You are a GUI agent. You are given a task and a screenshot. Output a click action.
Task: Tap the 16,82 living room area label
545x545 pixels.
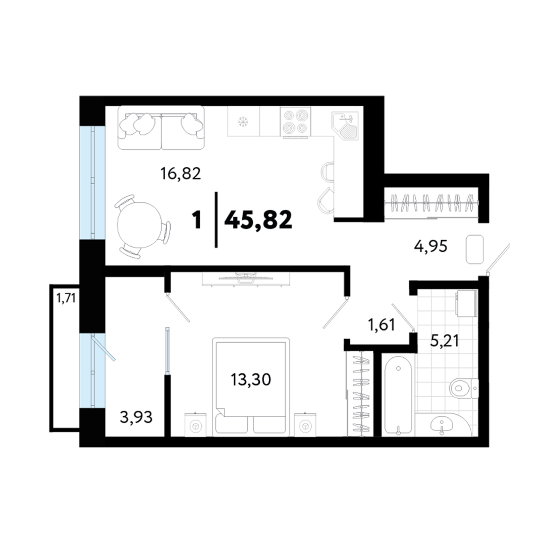tap(181, 173)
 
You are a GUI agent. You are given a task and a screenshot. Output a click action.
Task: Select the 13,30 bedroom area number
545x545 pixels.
tap(251, 379)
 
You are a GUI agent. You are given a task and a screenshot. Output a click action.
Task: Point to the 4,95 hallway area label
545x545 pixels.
tap(430, 246)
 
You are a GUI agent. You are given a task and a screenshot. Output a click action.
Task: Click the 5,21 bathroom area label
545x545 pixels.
tap(445, 341)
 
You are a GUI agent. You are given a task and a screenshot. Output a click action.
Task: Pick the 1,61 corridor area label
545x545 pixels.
tap(381, 324)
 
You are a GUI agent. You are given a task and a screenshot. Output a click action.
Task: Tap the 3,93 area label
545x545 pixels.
tap(136, 417)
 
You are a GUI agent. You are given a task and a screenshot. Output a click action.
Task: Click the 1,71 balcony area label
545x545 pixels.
tap(66, 298)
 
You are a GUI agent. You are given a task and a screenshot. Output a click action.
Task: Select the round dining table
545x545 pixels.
tap(140, 225)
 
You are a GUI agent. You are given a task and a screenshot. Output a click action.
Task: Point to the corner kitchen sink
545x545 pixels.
tap(345, 126)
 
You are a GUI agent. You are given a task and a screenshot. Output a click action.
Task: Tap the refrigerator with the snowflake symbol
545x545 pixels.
tap(244, 121)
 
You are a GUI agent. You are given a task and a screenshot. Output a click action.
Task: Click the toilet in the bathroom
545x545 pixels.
tap(464, 388)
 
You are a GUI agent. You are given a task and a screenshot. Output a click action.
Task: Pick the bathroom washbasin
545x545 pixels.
tap(442, 424)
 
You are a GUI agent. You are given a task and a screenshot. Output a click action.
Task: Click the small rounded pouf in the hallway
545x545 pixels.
tap(474, 249)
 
